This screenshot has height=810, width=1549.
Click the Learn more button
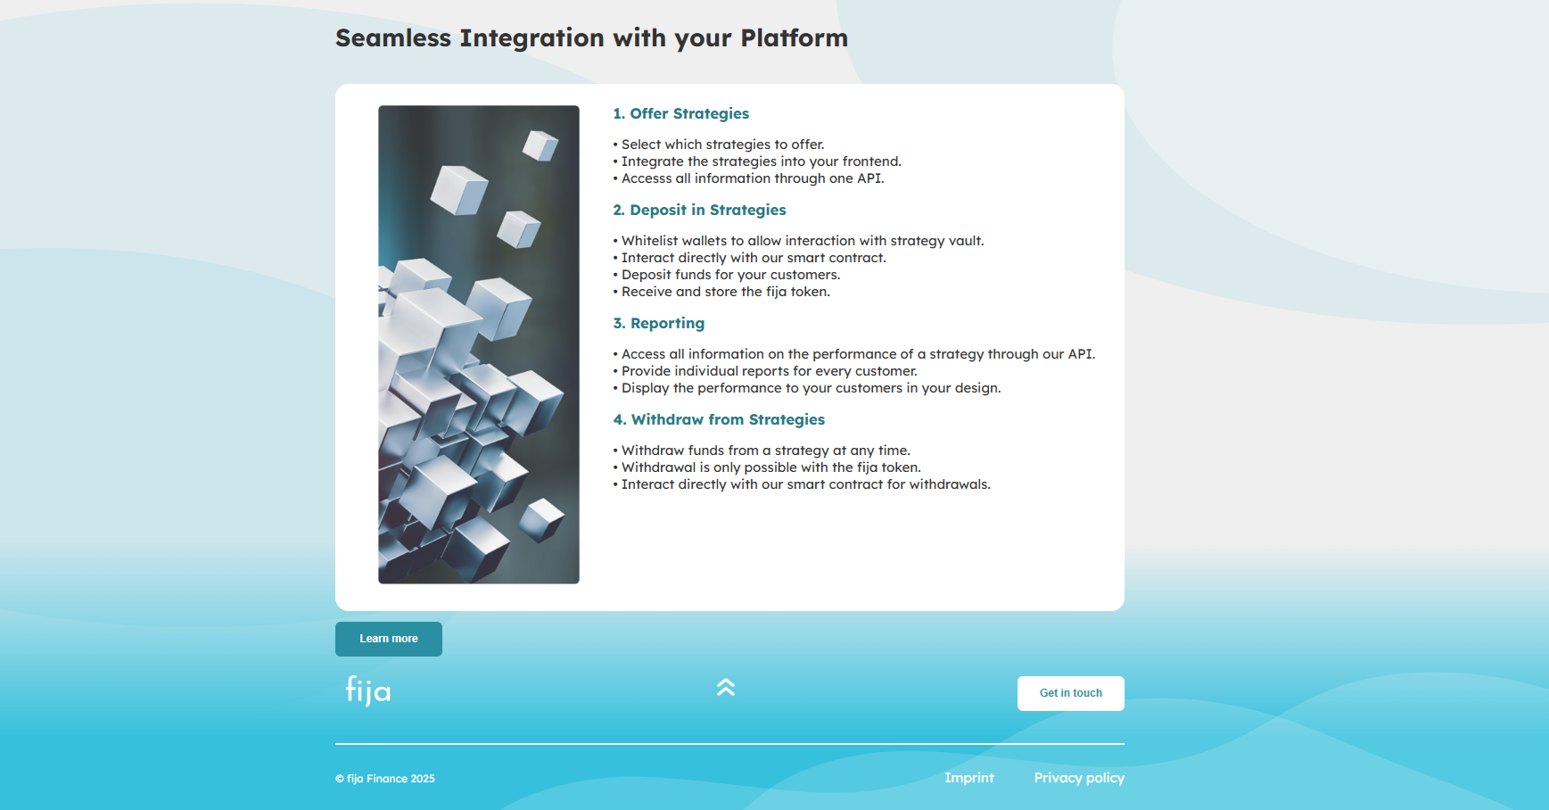pyautogui.click(x=389, y=639)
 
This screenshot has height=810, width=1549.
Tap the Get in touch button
pyautogui.click(x=1070, y=693)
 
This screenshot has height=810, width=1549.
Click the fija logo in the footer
pyautogui.click(x=368, y=690)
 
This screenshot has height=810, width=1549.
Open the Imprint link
pyautogui.click(x=969, y=778)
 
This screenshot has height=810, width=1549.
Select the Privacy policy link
pyautogui.click(x=1079, y=778)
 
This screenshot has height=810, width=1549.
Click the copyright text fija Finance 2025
pyautogui.click(x=385, y=779)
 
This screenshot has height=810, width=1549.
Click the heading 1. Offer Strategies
pyautogui.click(x=681, y=114)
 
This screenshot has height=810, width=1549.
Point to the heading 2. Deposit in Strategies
pyautogui.click(x=700, y=211)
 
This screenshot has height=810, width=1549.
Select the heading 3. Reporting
pyautogui.click(x=659, y=324)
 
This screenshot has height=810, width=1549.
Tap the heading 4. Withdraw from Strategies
pyautogui.click(x=720, y=420)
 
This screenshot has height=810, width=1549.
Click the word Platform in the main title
pyautogui.click(x=794, y=38)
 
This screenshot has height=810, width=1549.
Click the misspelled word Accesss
pyautogui.click(x=647, y=178)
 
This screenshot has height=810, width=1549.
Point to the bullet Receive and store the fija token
pyautogui.click(x=721, y=292)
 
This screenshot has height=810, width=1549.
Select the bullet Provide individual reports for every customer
pyautogui.click(x=765, y=371)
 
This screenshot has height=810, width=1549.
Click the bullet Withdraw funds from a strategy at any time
pyautogui.click(x=762, y=450)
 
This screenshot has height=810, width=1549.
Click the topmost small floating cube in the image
pyautogui.click(x=540, y=145)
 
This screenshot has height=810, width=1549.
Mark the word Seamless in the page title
pyautogui.click(x=393, y=38)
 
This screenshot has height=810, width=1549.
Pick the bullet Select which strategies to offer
pyautogui.click(x=719, y=145)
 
